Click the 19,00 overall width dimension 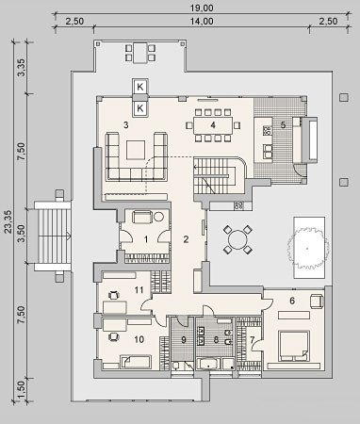coord(202,8)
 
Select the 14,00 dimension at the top coord(202,22)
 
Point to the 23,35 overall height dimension coord(8,221)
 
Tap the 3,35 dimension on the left coord(22,68)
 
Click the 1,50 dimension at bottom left coord(22,389)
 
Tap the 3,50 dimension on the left coord(22,234)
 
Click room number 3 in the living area coord(126,125)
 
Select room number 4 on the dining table coord(213,125)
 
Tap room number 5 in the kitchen coord(283,125)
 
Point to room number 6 coord(292,301)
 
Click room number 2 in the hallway coord(186,239)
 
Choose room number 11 coord(139,290)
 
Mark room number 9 coord(184,339)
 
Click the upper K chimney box coord(140,87)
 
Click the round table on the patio coord(237,239)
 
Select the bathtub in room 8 coord(208,364)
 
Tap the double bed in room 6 coord(293,345)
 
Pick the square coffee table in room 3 coord(136,150)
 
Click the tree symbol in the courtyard coord(307,249)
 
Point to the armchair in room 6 coord(317,301)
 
